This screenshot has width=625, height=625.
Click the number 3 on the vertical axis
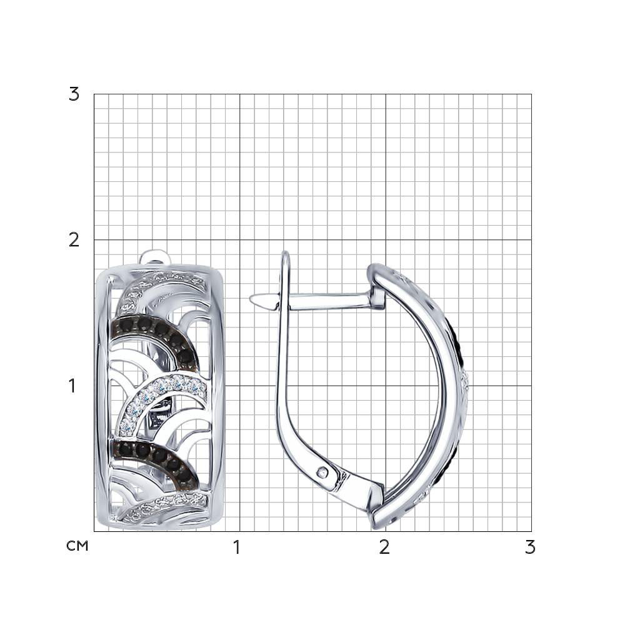[x=74, y=94]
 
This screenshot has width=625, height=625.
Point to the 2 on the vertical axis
[x=74, y=241]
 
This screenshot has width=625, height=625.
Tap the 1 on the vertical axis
[x=72, y=386]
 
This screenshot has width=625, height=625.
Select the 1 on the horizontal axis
[x=237, y=547]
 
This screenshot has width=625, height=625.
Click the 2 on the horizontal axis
[x=384, y=547]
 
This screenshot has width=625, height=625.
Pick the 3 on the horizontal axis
[x=530, y=547]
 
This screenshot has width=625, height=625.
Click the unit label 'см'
[x=77, y=546]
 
